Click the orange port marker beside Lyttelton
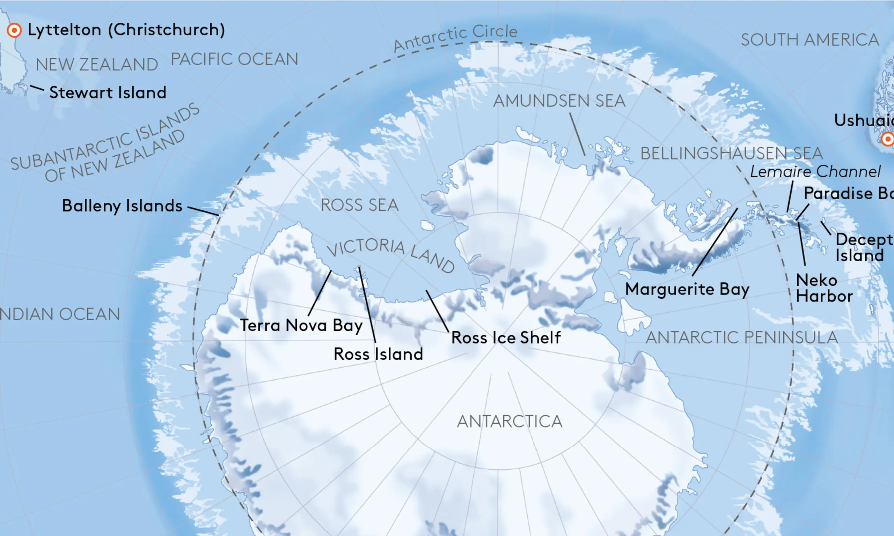point(14,30)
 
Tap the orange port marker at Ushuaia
point(887,139)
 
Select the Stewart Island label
point(108,93)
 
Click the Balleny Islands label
point(122,206)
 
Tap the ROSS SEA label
point(360,205)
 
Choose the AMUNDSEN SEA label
point(559,101)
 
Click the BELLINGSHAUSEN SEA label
point(732,154)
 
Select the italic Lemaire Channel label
point(815,172)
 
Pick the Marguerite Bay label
point(687,289)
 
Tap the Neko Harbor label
point(824,288)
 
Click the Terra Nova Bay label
point(301,326)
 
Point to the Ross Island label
point(378,354)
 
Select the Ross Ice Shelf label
point(506,338)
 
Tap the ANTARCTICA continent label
point(510,422)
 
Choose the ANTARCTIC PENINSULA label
point(741,338)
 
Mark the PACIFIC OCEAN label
point(234,59)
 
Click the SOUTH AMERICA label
point(810,40)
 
